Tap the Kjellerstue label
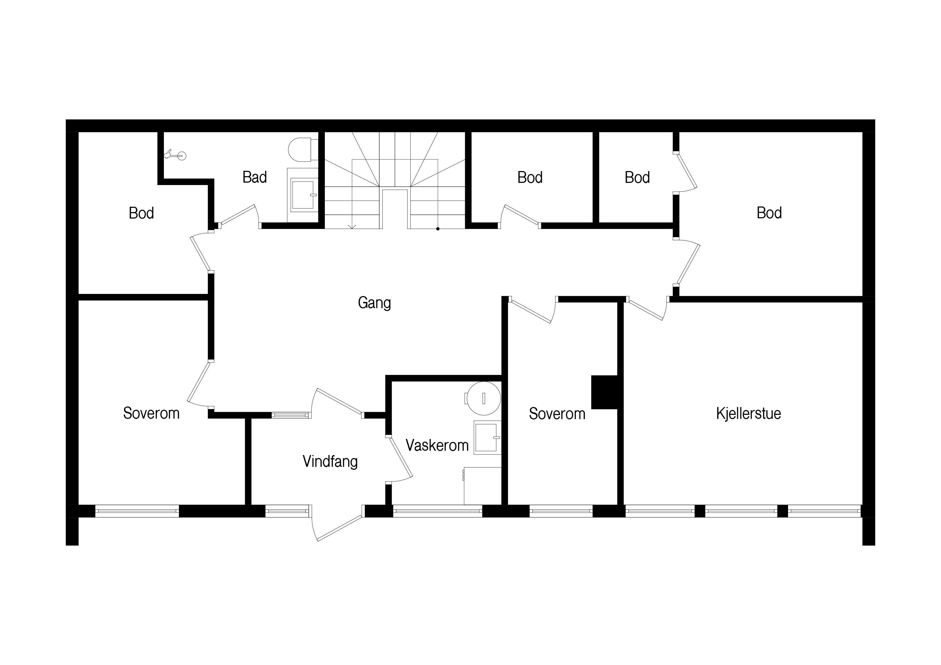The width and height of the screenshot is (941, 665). click(x=748, y=413)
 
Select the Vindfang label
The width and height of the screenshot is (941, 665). click(x=330, y=462)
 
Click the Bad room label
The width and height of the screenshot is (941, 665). click(x=255, y=178)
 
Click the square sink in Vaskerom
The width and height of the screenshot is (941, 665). click(x=487, y=438)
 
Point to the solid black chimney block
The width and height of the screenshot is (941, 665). click(x=604, y=392)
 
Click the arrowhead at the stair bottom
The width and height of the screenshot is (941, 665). click(x=352, y=227)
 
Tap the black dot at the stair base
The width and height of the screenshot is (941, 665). click(x=438, y=229)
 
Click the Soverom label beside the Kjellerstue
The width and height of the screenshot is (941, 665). click(x=557, y=414)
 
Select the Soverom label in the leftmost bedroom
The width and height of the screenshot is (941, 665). click(x=151, y=413)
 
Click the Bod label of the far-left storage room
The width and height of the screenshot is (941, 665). click(x=141, y=213)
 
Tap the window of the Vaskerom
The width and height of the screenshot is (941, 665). click(x=437, y=511)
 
